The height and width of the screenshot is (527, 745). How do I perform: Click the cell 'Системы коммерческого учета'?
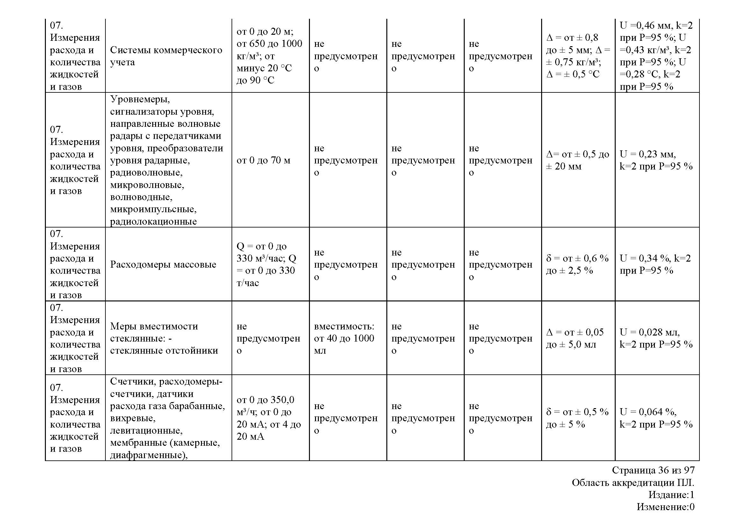[x=166, y=56]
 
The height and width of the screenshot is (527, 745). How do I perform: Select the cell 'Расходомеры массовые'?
[x=163, y=264]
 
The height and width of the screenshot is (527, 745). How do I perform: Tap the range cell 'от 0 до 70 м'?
[x=263, y=160]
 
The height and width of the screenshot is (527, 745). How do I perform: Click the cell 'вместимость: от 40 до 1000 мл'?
[x=344, y=338]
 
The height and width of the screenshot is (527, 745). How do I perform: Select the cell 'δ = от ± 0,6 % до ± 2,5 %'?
[x=577, y=264]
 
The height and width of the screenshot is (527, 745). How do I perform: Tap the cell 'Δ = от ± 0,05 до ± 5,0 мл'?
[x=575, y=338]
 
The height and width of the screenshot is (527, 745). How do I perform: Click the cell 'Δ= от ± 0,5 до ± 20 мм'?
[x=577, y=160]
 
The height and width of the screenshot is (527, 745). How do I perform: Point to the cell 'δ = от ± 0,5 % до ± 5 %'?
[x=577, y=418]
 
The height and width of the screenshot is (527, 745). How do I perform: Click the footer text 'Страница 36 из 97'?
[x=653, y=470]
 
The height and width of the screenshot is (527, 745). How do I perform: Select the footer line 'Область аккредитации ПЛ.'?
[x=633, y=483]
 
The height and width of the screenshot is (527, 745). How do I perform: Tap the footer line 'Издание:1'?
[x=671, y=495]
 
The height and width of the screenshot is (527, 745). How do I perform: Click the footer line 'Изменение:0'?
[x=665, y=507]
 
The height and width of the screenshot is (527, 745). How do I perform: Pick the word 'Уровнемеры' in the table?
[x=140, y=99]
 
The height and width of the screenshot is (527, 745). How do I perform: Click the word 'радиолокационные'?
[x=153, y=222]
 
